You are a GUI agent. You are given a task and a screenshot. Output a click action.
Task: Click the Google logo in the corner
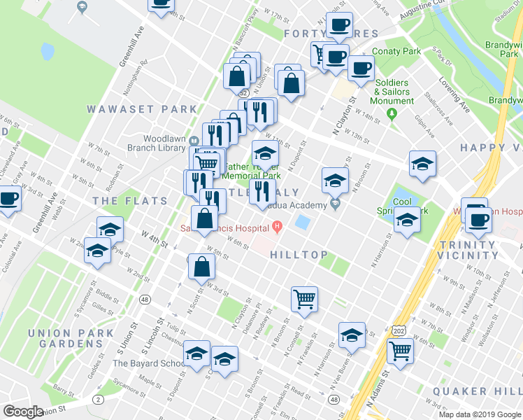[23, 412]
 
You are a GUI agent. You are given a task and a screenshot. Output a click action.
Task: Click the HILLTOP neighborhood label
[299, 255]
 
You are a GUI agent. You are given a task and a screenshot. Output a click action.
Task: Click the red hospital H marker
[278, 225]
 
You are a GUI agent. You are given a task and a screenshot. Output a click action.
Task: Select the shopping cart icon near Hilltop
[304, 299]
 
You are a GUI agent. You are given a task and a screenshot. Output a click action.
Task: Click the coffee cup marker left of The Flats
[9, 199]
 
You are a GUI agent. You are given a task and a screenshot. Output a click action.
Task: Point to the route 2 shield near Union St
[97, 400]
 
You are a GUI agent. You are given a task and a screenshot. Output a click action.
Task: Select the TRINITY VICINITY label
[467, 251]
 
